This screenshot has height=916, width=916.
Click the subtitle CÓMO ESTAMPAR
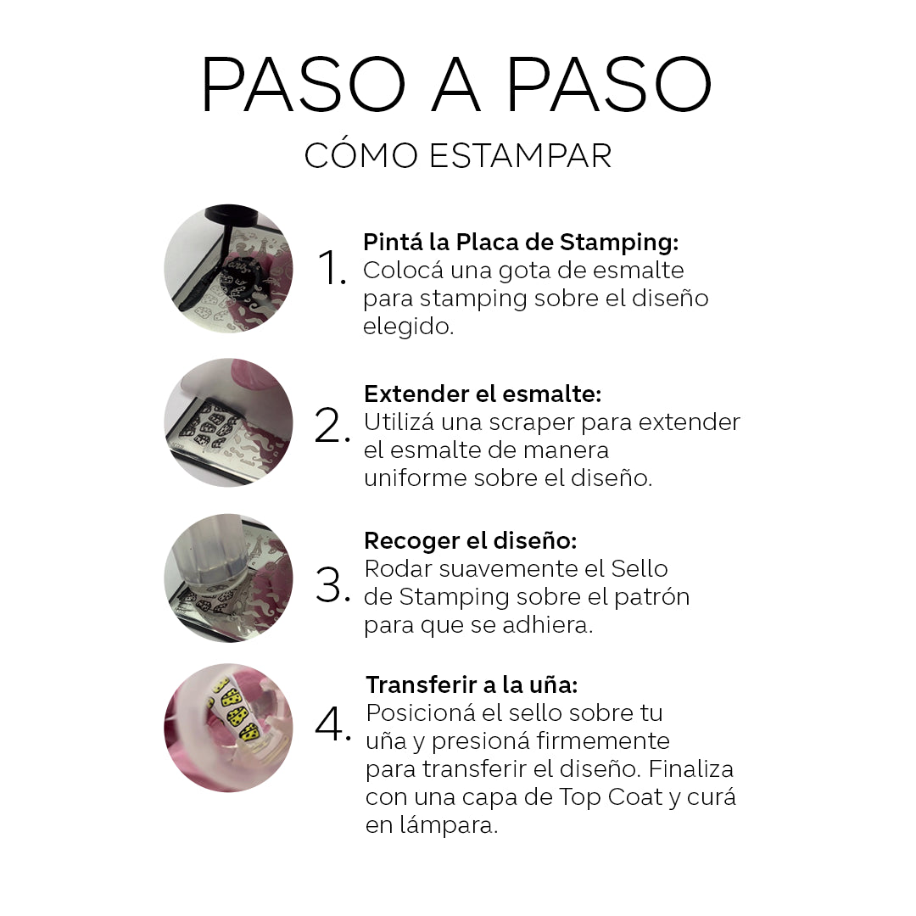coord(458,156)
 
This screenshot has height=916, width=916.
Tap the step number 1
coord(331,269)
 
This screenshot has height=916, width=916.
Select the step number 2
coord(331,427)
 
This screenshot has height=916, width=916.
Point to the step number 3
coord(331,585)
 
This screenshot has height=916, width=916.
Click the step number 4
coord(332,723)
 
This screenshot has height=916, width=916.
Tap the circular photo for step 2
coord(228,422)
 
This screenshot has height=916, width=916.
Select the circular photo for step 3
coord(228,578)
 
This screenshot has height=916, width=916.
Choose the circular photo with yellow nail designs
coord(228,728)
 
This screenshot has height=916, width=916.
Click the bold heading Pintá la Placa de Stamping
coord(521,243)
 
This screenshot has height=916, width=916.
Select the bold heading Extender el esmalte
coord(483,394)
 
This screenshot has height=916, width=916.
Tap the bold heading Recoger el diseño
coord(470,540)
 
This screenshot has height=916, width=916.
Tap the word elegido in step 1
coord(408,327)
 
